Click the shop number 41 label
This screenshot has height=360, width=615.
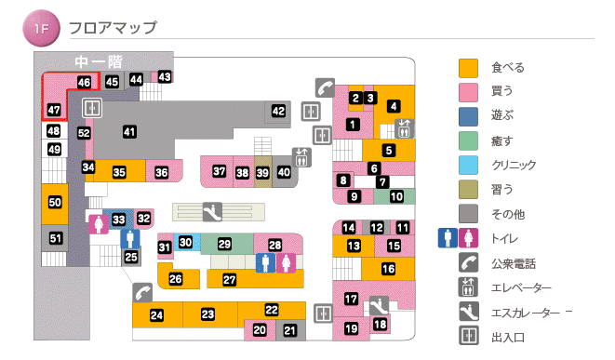(x=129, y=131)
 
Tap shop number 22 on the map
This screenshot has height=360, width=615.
(x=272, y=310)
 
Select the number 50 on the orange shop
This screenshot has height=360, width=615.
(x=55, y=202)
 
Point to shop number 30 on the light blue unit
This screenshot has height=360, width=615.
(x=185, y=243)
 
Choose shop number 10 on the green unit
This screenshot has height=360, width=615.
(x=395, y=196)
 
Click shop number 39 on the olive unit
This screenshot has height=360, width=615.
(x=262, y=172)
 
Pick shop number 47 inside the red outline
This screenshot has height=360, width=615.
(x=54, y=110)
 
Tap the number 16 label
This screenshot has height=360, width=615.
(x=388, y=269)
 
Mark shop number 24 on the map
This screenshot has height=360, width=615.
(x=156, y=315)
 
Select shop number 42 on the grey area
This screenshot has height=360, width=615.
(x=278, y=112)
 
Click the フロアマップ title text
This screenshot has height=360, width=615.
(x=113, y=29)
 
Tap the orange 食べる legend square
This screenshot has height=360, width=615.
(x=468, y=68)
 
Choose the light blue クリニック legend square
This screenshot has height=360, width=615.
(x=468, y=166)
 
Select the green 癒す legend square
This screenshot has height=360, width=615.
(x=468, y=141)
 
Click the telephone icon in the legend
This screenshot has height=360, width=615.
(x=468, y=263)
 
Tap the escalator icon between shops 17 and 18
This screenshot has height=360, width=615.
(x=378, y=304)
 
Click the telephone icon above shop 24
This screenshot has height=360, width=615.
(x=142, y=291)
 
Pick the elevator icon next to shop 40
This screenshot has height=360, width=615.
(x=301, y=156)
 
